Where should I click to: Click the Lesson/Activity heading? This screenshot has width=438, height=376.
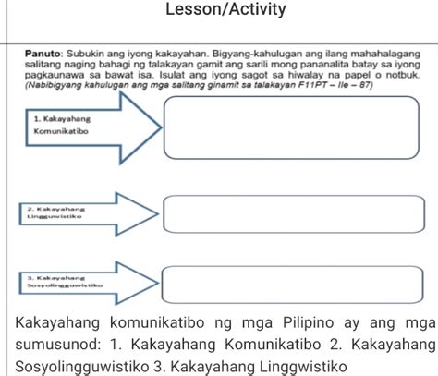(x=219, y=10)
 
